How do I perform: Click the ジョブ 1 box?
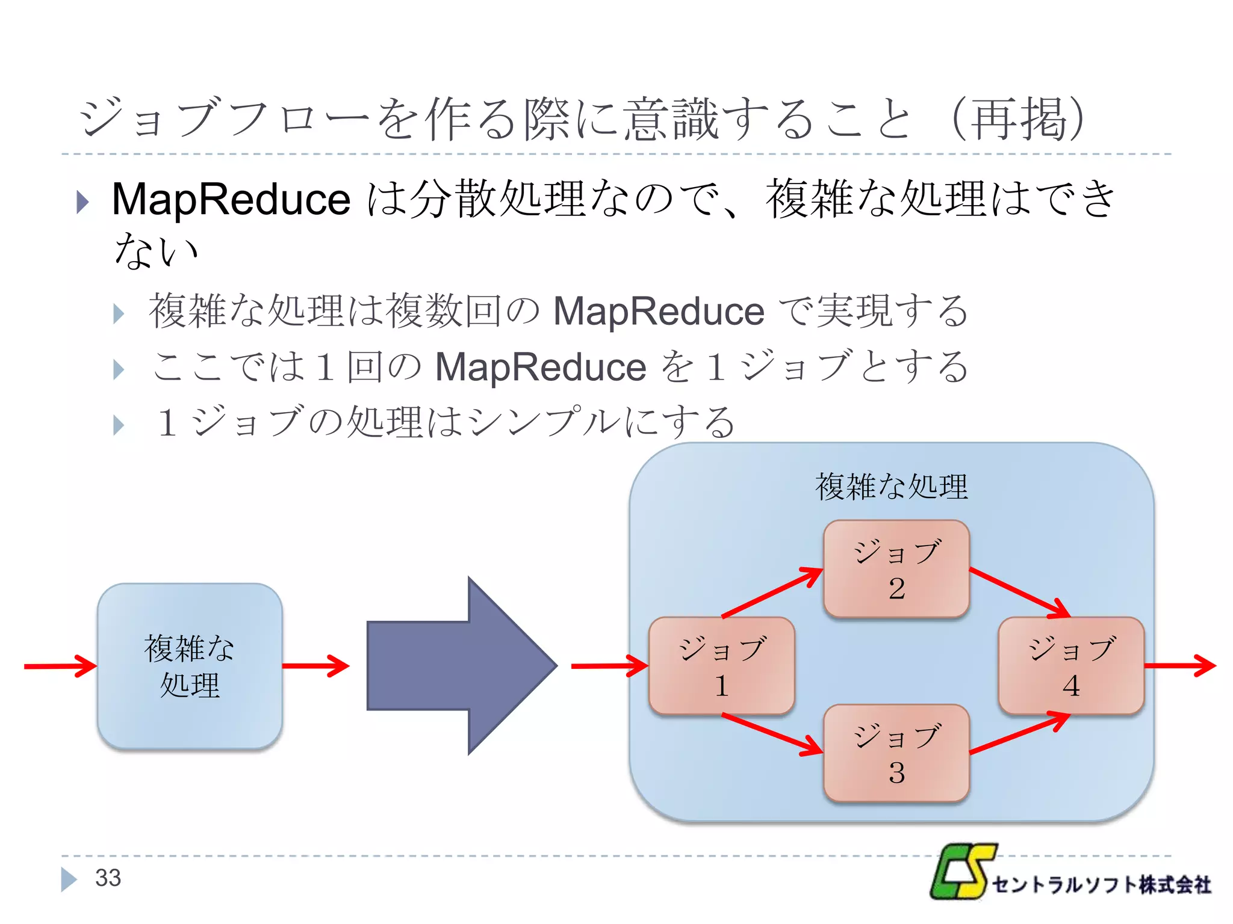[721, 666]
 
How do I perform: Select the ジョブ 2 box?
[896, 568]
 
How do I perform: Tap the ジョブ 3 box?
[896, 753]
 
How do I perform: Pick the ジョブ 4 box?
[1070, 666]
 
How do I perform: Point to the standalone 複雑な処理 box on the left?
[190, 666]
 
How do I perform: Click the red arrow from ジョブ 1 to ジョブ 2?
[772, 593]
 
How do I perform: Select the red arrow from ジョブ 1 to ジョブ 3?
[772, 734]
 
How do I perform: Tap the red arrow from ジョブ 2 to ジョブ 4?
[1019, 593]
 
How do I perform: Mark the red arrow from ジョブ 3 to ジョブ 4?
[1019, 734]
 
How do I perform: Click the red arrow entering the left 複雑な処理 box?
[60, 666]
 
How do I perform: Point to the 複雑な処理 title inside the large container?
[891, 487]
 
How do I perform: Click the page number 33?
[108, 878]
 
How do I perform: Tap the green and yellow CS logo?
[962, 871]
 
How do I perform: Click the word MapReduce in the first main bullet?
[231, 199]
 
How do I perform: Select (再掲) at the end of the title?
[1017, 119]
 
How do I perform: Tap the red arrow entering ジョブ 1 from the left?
[608, 666]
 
